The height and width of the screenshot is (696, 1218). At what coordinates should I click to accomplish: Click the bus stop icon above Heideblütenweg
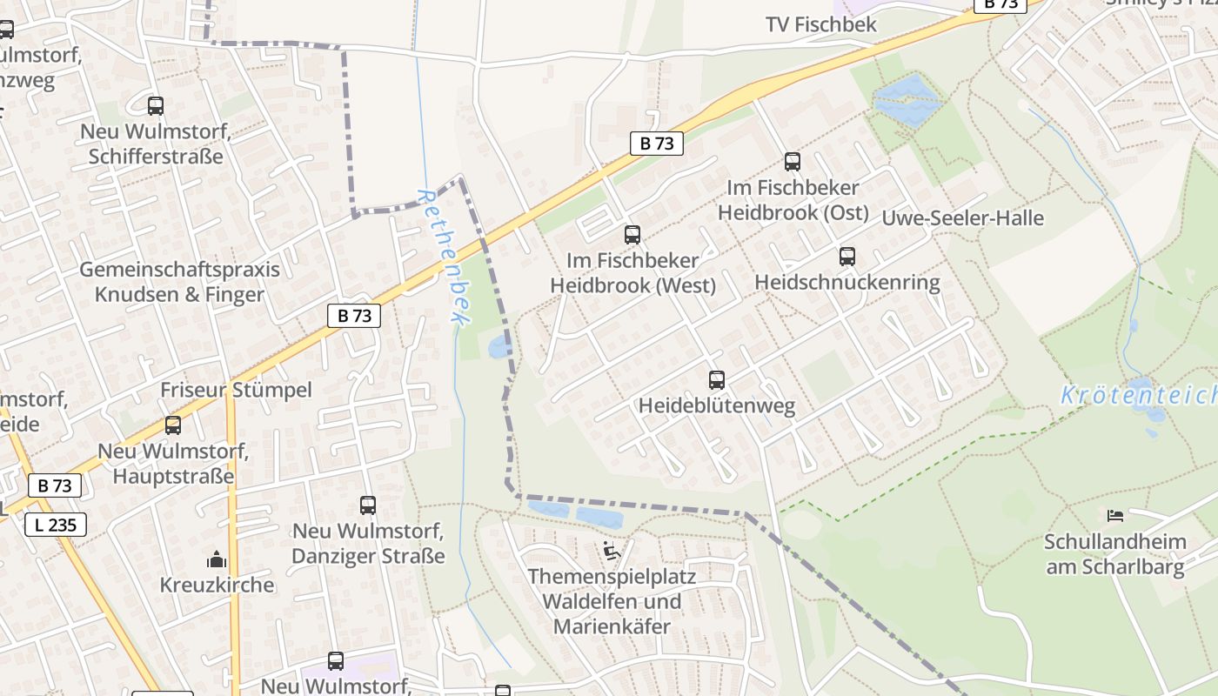coord(716,380)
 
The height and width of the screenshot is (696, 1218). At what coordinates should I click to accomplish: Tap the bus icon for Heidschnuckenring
coord(847,257)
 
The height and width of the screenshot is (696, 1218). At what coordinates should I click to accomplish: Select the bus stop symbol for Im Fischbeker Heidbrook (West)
coord(632,235)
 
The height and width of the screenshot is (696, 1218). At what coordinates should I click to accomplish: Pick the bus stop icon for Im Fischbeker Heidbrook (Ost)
coord(792,162)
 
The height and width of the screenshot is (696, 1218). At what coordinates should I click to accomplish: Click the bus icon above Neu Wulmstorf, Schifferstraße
coord(155,106)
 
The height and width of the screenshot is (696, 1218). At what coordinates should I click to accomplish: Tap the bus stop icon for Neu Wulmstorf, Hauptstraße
coord(172,425)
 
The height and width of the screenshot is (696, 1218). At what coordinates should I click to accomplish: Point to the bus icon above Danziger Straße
coord(367,505)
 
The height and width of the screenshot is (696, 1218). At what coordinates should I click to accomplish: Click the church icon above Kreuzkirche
coord(216,559)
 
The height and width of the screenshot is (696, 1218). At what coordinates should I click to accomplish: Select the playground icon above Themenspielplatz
coord(612,551)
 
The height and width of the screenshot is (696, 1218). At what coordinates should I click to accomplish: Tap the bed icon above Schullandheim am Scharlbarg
coord(1114,516)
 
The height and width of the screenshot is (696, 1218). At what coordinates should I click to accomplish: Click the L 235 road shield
coord(55,525)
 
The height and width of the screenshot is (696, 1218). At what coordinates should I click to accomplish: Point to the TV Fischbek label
coord(820,24)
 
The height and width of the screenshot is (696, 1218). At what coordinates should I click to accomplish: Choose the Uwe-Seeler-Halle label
coord(962,218)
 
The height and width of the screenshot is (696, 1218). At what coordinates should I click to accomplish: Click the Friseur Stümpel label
coord(235,390)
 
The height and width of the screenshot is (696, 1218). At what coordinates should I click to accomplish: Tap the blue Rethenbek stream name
coord(444,258)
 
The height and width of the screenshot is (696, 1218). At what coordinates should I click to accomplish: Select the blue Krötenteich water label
coord(1138,396)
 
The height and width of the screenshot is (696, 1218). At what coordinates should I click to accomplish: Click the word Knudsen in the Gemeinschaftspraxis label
coord(135,294)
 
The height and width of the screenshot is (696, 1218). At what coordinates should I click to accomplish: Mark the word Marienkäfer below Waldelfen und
coord(612,626)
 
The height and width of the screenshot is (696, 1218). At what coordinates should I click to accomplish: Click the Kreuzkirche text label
coord(217,585)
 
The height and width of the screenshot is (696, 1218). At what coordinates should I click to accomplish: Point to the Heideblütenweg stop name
coord(716,406)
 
